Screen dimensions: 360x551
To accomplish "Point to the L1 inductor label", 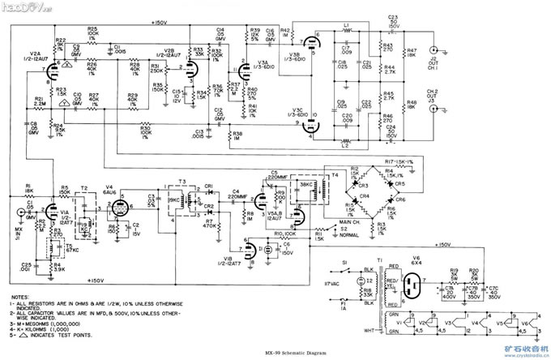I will tap(346, 26).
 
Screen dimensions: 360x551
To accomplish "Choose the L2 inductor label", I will tap(346, 145).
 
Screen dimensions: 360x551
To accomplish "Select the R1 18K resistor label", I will tap(29, 190).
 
